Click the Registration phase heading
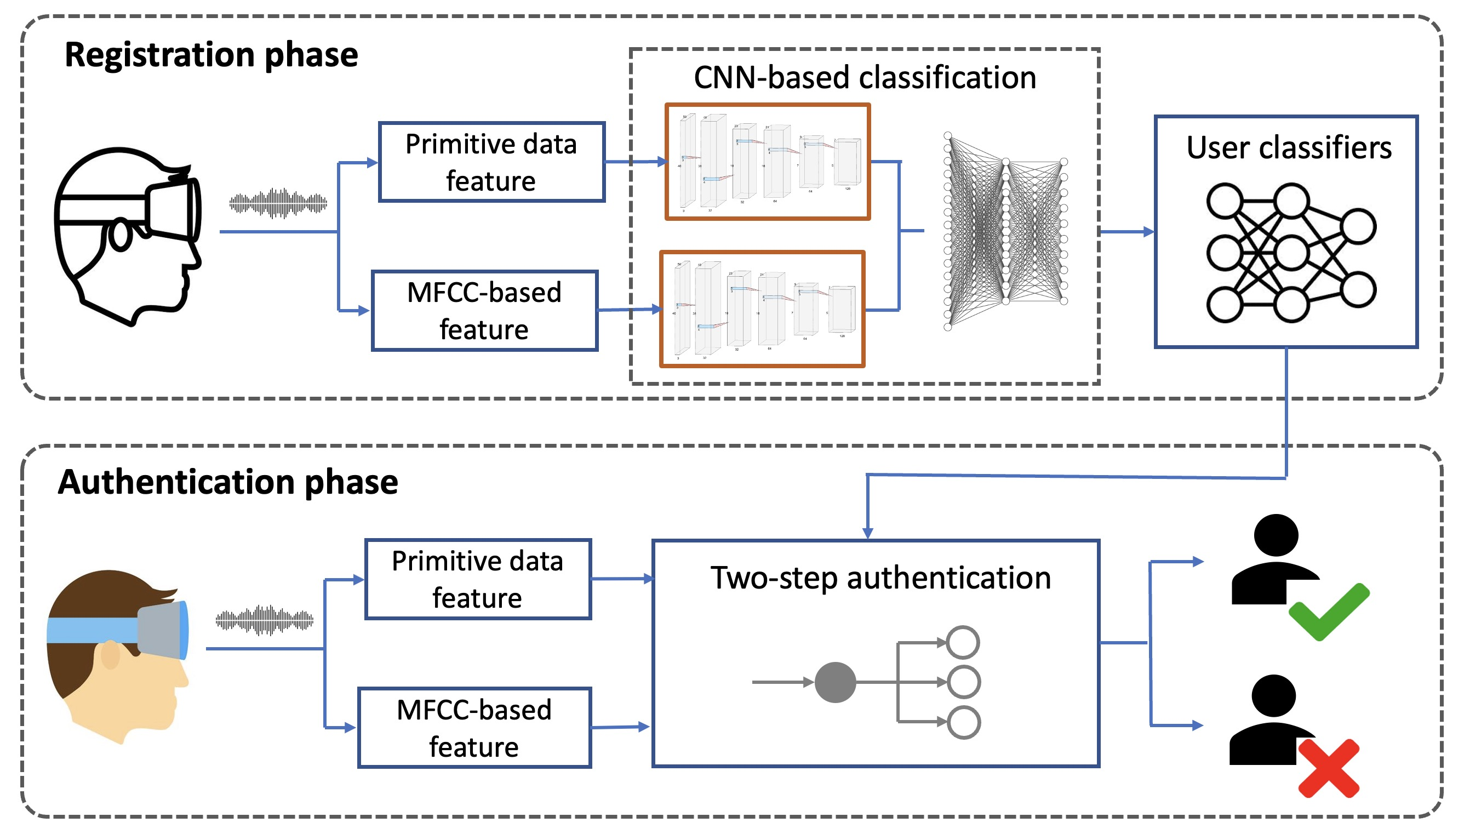tap(211, 55)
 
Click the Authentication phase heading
tap(228, 482)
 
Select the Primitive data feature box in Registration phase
tap(491, 162)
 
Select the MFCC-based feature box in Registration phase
tap(484, 311)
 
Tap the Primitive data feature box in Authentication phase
tap(478, 579)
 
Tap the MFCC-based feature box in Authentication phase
tap(474, 728)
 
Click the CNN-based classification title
tap(865, 77)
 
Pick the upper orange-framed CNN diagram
tap(767, 162)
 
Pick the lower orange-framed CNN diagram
tap(762, 309)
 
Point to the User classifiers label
tap(1288, 148)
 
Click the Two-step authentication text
tap(880, 578)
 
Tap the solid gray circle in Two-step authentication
tap(835, 682)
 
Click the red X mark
tap(1329, 768)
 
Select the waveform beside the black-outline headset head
tap(278, 203)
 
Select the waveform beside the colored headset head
tap(265, 620)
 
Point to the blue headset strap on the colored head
tap(92, 630)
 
